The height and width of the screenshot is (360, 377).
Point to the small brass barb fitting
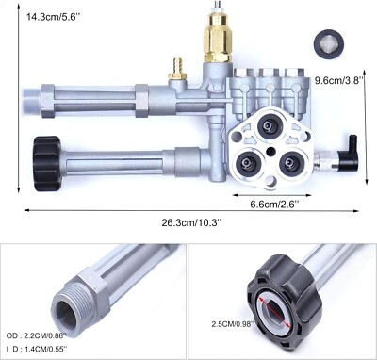172,67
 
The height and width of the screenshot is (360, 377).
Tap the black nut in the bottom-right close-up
284,302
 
